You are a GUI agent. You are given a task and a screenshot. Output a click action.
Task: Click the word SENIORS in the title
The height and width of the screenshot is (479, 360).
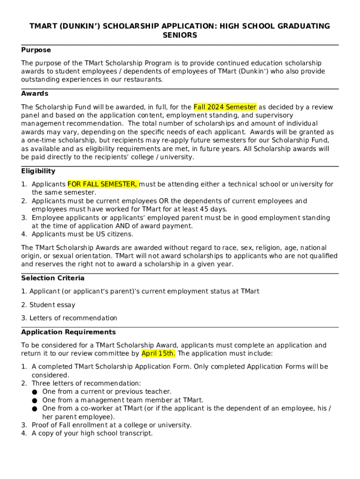pyautogui.click(x=180, y=35)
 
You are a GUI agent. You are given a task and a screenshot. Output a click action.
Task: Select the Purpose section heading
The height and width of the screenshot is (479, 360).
pyautogui.click(x=36, y=50)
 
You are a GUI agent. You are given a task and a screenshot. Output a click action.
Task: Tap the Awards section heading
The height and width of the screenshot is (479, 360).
pyautogui.click(x=35, y=94)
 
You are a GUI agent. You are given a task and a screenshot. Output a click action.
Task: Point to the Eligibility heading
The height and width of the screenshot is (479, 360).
pyautogui.click(x=38, y=171)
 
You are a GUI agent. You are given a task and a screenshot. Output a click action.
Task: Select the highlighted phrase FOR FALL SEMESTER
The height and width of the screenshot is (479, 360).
pyautogui.click(x=102, y=184)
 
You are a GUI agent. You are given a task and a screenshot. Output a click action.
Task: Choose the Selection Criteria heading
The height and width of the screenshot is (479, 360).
pyautogui.click(x=53, y=278)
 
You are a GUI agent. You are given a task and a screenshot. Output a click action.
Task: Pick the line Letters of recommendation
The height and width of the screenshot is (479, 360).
pyautogui.click(x=73, y=318)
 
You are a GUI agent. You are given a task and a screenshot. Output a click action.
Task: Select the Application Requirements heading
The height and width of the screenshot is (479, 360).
pyautogui.click(x=68, y=332)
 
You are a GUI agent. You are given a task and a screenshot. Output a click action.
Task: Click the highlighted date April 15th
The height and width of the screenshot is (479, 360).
pyautogui.click(x=158, y=354)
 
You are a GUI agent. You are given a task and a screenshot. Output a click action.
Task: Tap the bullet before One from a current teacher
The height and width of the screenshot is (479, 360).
pyautogui.click(x=35, y=392)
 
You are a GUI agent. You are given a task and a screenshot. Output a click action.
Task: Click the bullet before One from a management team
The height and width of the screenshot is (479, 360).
pyautogui.click(x=35, y=400)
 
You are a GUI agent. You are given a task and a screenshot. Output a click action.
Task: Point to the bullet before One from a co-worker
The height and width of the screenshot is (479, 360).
pyautogui.click(x=35, y=409)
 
